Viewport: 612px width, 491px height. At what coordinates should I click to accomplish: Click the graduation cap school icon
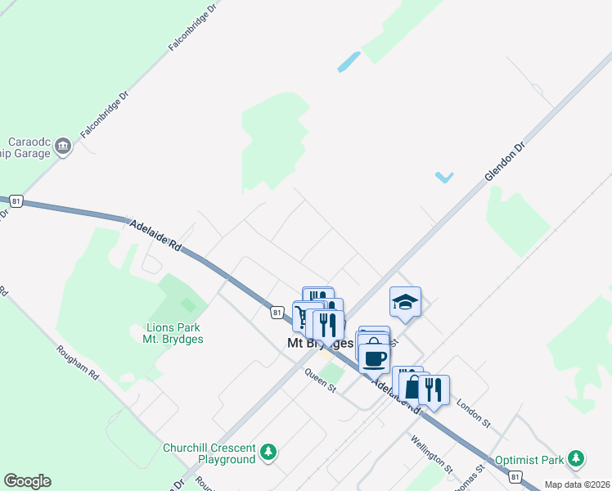405,302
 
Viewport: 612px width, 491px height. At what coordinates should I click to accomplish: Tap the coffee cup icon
375,357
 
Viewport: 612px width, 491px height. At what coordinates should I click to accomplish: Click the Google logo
27,481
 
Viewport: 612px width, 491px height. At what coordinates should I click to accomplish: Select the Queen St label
321,381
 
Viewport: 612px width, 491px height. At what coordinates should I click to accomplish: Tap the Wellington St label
433,456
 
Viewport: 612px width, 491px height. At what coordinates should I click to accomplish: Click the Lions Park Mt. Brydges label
167,333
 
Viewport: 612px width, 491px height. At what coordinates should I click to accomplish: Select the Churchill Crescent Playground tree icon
268,452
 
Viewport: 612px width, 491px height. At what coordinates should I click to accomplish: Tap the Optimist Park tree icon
578,457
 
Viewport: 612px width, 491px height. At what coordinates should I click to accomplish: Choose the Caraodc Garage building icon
64,146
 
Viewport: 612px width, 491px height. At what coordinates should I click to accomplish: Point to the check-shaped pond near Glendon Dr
444,177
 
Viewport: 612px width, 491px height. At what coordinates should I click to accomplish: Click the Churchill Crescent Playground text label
209,453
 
